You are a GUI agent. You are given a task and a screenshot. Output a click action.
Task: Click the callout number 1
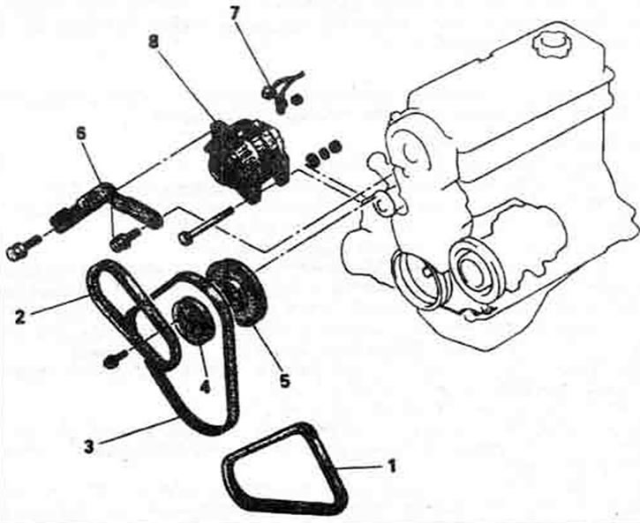click(x=391, y=465)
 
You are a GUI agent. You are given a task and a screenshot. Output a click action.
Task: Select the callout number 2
click(x=20, y=317)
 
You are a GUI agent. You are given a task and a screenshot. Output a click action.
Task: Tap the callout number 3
click(x=88, y=446)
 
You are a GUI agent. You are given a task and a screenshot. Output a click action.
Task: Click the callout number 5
click(x=284, y=381)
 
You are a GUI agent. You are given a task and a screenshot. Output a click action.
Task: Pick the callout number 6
click(x=82, y=135)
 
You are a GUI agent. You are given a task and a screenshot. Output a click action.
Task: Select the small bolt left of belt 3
click(x=113, y=361)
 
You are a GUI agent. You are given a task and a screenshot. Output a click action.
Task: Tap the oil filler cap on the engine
click(x=550, y=44)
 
